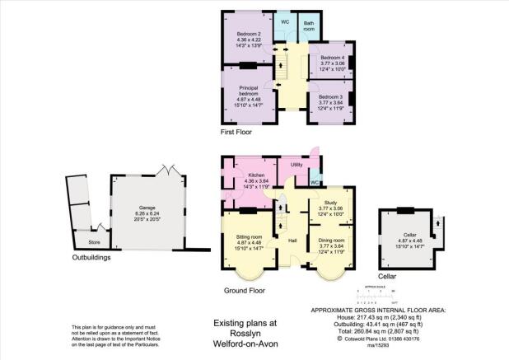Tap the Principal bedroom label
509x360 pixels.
pyautogui.click(x=250, y=88)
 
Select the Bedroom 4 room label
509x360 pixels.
pyautogui.click(x=331, y=58)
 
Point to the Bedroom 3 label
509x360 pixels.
pyautogui.click(x=330, y=96)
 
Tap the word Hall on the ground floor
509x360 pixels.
pyautogui.click(x=292, y=240)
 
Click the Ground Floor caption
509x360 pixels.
pyautogui.click(x=244, y=291)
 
